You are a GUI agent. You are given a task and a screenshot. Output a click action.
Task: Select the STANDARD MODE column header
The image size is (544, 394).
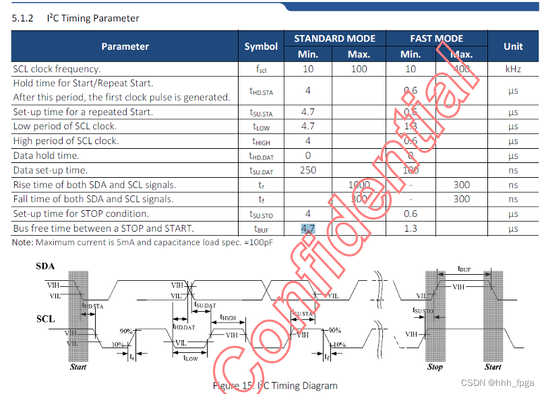tap(334, 38)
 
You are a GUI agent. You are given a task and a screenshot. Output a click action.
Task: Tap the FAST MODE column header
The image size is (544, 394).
tap(436, 38)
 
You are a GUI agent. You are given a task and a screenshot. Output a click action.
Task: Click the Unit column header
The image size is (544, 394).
tap(513, 46)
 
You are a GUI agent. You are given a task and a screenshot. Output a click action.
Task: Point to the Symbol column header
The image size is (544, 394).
tap(261, 46)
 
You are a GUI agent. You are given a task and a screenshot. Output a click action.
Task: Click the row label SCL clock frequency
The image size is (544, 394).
tap(57, 69)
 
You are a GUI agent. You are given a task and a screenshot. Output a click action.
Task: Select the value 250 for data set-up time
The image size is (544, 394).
tap(307, 170)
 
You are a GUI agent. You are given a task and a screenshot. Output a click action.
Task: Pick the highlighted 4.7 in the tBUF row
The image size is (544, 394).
tap(307, 228)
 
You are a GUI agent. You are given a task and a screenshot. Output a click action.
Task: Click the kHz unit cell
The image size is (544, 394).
tap(513, 69)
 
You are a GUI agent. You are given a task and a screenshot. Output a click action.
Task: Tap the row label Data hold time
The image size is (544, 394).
tap(46, 156)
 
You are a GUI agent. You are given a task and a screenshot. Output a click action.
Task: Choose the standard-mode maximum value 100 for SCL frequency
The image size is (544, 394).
tap(359, 69)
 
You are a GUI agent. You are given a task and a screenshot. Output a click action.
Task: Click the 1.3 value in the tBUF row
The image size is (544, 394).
tap(411, 228)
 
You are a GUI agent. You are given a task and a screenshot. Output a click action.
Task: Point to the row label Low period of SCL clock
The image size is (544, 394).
tap(65, 126)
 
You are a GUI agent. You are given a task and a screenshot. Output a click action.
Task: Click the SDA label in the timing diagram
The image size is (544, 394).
tap(45, 267)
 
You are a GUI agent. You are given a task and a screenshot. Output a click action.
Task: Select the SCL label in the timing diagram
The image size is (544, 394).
tap(45, 319)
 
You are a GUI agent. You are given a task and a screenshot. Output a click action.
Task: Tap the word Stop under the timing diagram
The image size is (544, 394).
tap(435, 367)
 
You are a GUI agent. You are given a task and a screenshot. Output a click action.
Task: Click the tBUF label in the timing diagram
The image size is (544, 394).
tap(464, 269)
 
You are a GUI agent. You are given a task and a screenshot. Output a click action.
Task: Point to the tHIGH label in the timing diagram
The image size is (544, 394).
tap(228, 318)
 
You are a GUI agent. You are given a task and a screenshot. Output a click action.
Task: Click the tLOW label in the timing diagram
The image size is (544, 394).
tap(191, 358)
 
